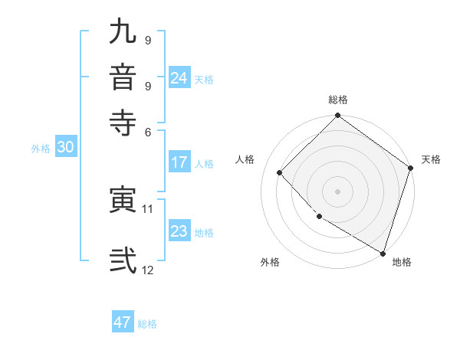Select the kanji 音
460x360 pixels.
coord(123,77)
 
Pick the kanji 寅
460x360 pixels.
coord(123,200)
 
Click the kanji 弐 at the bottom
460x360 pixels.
coord(123,260)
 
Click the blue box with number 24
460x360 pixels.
coord(179,78)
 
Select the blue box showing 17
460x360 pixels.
coord(179,162)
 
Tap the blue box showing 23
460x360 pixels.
coord(179,231)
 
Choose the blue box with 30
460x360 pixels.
coord(65,148)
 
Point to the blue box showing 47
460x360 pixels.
coord(123,322)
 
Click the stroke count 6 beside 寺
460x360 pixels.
coord(148,132)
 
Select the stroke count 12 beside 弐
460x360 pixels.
coord(148,270)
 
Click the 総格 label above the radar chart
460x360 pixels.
coord(338,100)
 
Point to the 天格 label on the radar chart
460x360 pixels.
coord(431,159)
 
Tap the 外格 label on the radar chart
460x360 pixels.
coord(270,263)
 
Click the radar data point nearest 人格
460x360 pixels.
coord(280,172)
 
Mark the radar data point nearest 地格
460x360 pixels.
coord(382,252)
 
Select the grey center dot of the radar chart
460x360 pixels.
coord(337,191)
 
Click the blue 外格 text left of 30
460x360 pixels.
coord(41,149)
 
